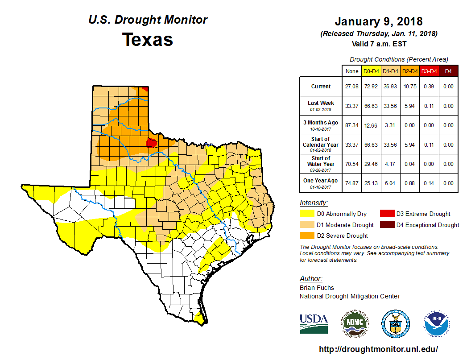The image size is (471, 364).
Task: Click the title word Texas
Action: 148,40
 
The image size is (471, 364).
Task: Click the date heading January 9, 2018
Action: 379,21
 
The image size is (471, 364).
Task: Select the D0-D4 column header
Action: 371,71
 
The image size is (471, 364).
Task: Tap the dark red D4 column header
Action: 448,71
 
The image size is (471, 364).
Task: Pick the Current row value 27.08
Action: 351,87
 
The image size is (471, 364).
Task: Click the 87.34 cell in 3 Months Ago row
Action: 351,125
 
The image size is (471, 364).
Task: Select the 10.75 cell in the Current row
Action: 409,87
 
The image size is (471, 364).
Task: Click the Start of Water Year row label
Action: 320,164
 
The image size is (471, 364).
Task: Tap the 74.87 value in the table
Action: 351,183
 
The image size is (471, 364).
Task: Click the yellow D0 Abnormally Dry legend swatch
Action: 306,214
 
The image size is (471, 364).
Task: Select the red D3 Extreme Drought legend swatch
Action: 386,214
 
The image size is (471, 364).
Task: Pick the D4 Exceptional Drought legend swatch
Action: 386,225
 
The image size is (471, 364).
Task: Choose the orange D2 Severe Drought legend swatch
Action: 306,236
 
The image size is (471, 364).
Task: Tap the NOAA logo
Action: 437,323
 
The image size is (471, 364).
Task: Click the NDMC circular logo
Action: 355,323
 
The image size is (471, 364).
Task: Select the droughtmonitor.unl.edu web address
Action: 379,349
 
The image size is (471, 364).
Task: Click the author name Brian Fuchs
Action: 317,288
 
